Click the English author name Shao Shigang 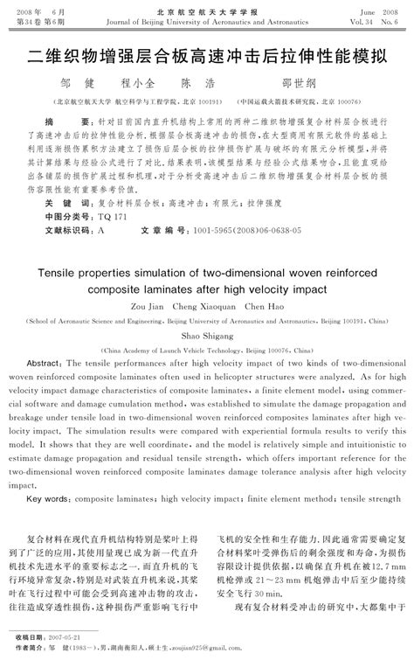click(208, 333)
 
